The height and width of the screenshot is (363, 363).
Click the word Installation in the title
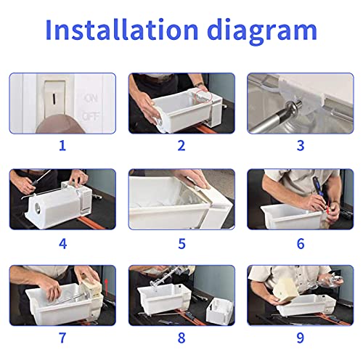(x=122, y=29)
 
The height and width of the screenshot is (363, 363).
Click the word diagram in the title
(x=262, y=32)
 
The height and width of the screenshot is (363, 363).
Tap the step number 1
(x=62, y=146)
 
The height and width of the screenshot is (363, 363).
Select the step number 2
(x=181, y=146)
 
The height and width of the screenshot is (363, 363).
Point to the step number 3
(x=301, y=146)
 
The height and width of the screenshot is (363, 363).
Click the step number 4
(x=62, y=244)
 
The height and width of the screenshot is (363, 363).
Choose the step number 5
(x=181, y=244)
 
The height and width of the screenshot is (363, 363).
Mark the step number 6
(x=301, y=244)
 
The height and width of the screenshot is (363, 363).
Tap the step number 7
(x=62, y=338)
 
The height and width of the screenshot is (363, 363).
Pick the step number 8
(x=181, y=338)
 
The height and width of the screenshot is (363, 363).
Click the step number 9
(x=301, y=338)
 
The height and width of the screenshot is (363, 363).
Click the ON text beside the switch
(x=91, y=98)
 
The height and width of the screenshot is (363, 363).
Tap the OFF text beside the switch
(x=91, y=117)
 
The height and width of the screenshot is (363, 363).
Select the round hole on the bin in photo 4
(x=38, y=208)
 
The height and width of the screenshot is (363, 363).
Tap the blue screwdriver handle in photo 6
(x=317, y=187)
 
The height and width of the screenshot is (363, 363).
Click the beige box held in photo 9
(x=285, y=290)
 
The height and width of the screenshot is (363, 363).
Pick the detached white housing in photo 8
(x=219, y=311)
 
